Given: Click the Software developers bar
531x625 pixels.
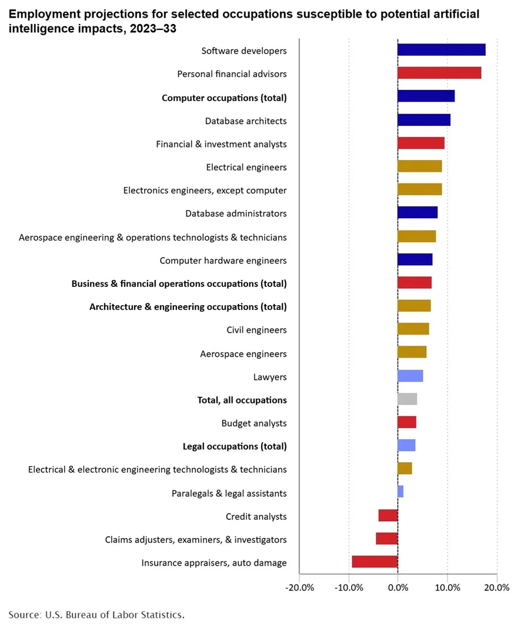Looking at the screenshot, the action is click(x=441, y=50).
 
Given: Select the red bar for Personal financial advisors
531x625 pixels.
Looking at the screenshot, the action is click(x=439, y=73).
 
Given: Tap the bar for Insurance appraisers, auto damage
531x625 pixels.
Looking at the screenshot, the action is click(x=375, y=562).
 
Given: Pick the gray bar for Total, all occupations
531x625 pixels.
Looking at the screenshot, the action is click(x=407, y=399).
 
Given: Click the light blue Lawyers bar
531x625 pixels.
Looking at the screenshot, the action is click(x=410, y=376).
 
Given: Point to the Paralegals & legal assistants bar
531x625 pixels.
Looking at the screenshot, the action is click(x=400, y=492).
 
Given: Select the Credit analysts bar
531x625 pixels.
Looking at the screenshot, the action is click(x=388, y=516).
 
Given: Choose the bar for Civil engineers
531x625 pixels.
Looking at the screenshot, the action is click(x=413, y=329).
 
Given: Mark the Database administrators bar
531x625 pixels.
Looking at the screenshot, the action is click(x=418, y=212).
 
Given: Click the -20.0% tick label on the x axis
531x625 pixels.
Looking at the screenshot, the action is click(x=300, y=587).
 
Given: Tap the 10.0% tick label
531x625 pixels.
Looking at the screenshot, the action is click(x=447, y=587).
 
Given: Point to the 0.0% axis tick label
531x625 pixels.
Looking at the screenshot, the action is click(x=398, y=587).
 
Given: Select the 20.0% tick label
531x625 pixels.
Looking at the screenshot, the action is click(x=497, y=587).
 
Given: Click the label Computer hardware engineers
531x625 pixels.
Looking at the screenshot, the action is click(x=223, y=260).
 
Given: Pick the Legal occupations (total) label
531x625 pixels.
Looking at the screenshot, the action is click(x=235, y=446).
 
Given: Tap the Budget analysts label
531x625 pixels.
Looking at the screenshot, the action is click(x=254, y=423).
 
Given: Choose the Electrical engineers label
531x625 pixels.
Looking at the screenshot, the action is click(x=246, y=168).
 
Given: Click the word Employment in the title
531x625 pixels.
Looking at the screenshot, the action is click(x=38, y=14).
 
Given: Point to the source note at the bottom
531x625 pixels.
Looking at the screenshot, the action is click(x=96, y=614).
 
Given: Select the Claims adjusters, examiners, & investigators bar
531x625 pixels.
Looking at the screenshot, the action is click(x=387, y=539).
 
